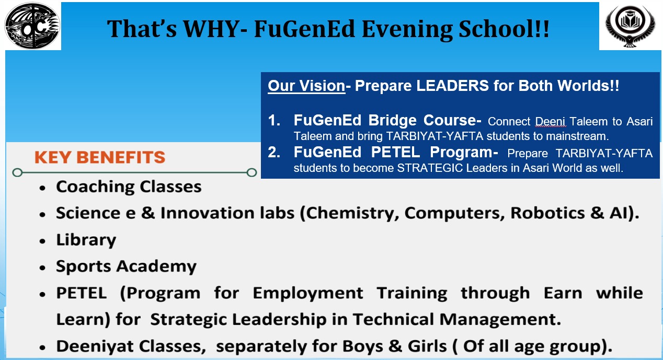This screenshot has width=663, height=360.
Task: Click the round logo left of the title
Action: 32,26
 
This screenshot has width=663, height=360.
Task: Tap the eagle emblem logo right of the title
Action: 630,26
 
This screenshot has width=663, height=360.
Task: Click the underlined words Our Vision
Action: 306,86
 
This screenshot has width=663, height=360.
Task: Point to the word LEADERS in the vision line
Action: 452,86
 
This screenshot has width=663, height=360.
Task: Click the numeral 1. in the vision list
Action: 274,120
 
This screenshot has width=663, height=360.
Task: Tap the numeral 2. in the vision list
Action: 274,153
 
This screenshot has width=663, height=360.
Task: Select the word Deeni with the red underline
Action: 550,122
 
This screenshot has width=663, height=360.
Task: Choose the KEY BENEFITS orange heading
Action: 100,157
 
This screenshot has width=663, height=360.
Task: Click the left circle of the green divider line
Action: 17,172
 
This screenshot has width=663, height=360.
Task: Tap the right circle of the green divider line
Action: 252,172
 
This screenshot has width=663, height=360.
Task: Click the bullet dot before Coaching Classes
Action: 43,188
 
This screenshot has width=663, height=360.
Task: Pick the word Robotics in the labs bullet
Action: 547,213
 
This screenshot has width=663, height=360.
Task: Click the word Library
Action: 86,240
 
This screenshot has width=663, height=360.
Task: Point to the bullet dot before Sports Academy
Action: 43,268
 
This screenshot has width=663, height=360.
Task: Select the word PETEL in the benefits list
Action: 82,293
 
